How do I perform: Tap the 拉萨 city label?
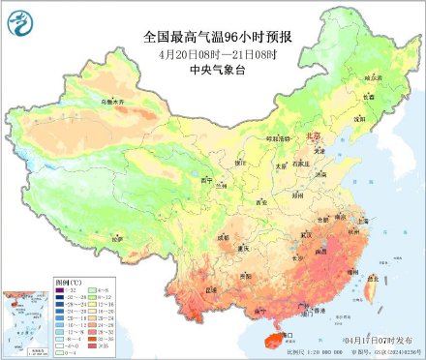[x=116, y=237]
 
